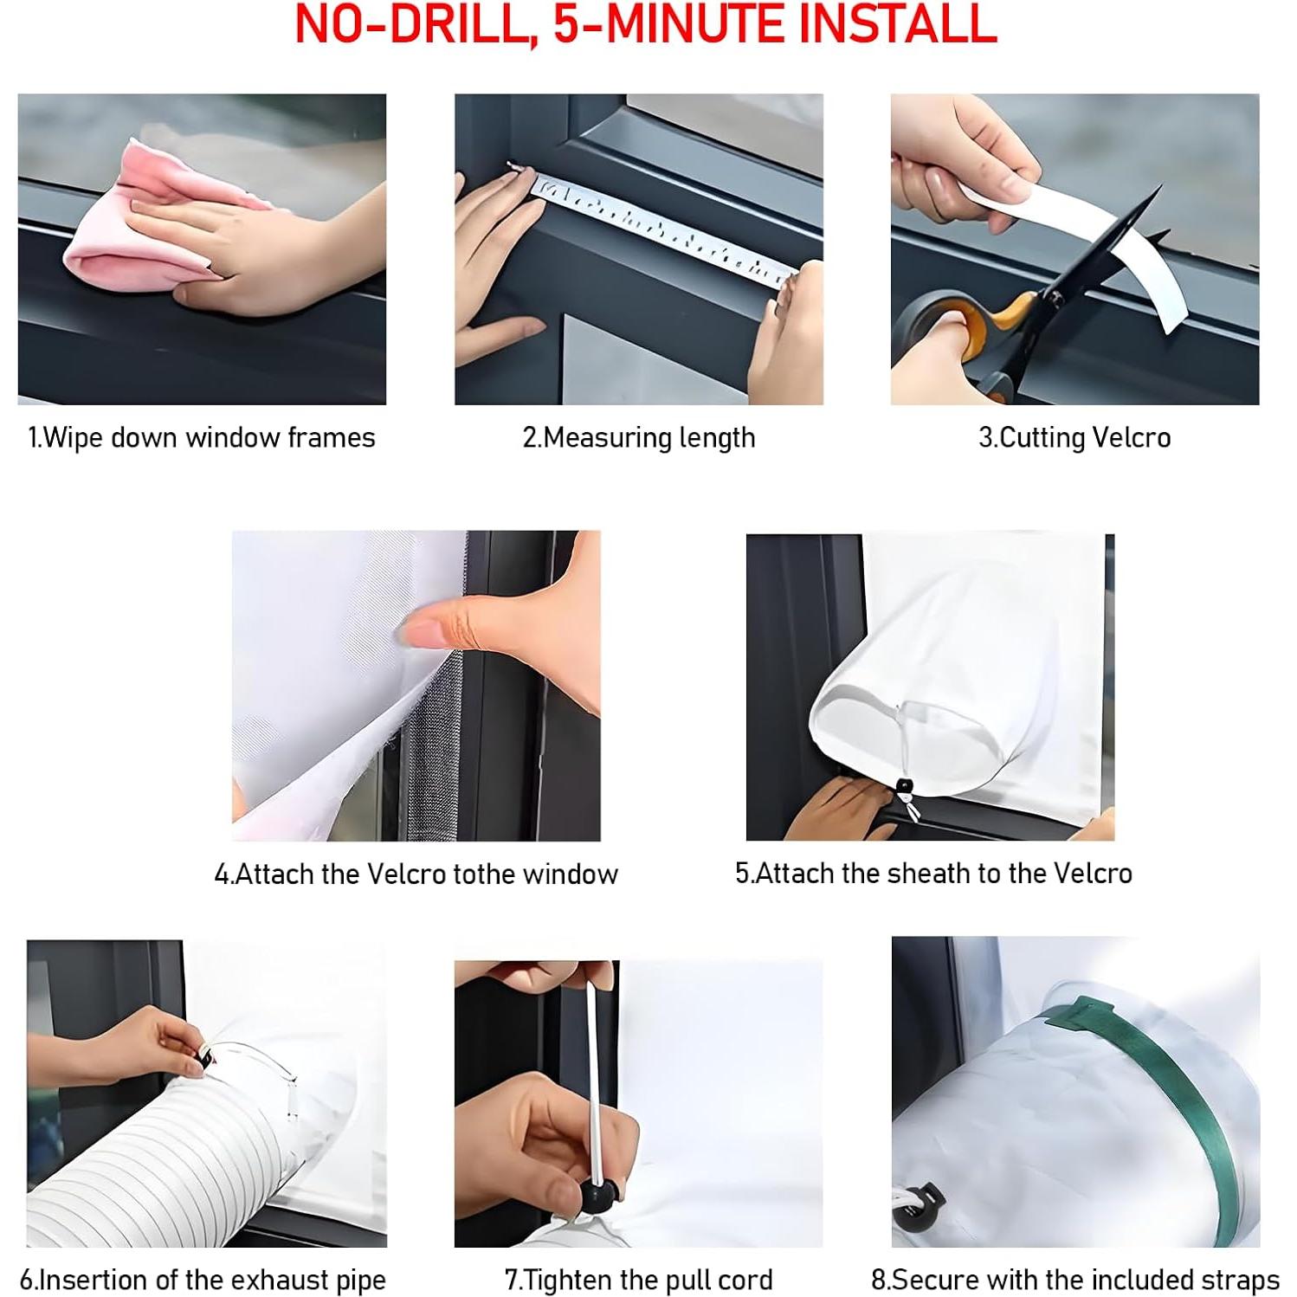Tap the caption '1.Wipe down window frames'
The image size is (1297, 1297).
201,438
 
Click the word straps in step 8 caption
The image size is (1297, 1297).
1239,1280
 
